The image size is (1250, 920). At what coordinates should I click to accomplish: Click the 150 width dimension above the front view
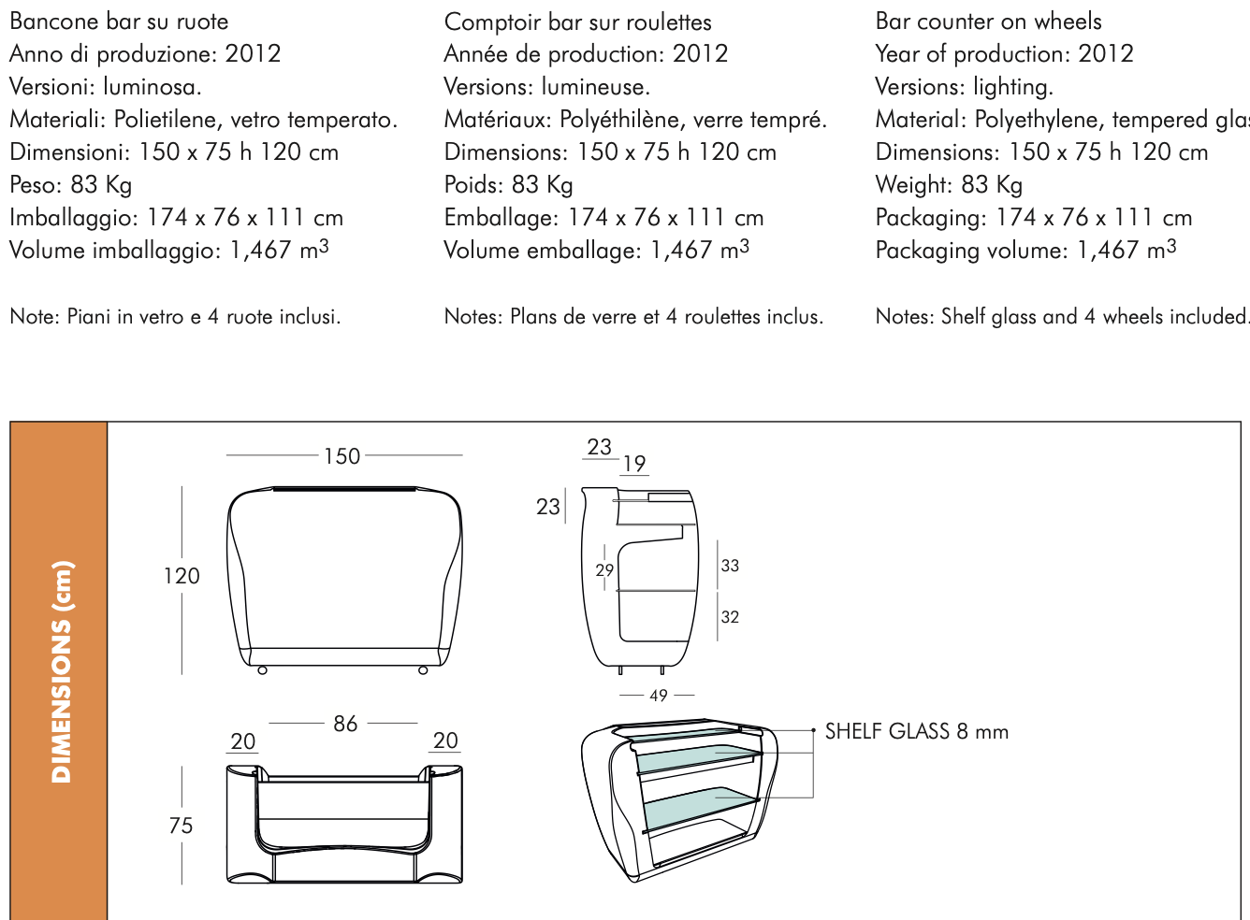(x=342, y=456)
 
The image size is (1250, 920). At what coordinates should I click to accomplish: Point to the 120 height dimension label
(x=182, y=576)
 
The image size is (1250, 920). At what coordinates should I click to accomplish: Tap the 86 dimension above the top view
(x=345, y=724)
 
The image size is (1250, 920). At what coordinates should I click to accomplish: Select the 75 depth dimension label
(x=182, y=826)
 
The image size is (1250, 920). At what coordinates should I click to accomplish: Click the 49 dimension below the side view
(x=659, y=696)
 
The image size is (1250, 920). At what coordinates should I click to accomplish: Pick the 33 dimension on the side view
(x=730, y=566)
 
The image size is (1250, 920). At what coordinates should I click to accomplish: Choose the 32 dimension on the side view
(x=730, y=617)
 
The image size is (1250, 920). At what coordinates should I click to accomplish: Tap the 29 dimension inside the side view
(x=604, y=570)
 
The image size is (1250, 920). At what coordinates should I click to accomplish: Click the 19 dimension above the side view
(x=634, y=464)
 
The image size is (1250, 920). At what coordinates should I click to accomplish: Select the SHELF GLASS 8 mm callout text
(x=916, y=732)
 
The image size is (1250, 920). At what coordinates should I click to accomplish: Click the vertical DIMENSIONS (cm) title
(x=61, y=671)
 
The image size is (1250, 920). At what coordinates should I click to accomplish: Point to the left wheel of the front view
(x=263, y=670)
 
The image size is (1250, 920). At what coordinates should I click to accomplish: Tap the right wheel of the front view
(x=423, y=670)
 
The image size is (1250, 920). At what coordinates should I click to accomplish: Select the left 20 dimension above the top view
(x=243, y=741)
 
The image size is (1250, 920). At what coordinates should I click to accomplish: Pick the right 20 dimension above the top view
(x=445, y=740)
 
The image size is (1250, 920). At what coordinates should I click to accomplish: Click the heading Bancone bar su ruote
(x=119, y=22)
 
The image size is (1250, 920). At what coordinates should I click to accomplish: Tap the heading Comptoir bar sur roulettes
(x=577, y=22)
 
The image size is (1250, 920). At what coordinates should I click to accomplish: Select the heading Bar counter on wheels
(x=988, y=22)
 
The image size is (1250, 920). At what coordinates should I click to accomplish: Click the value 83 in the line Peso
(x=84, y=185)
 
